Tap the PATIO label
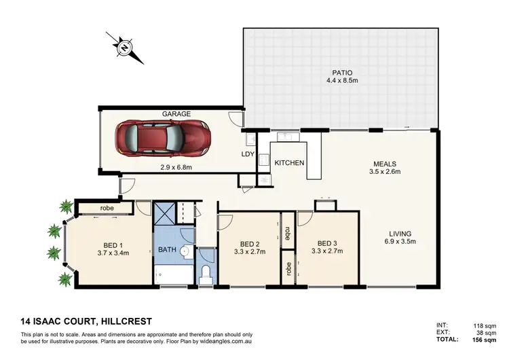341,73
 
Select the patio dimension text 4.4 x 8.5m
341,83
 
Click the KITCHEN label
289,163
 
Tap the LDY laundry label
248,154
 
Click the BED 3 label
327,242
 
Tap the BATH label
168,250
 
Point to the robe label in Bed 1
107,208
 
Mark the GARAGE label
176,114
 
